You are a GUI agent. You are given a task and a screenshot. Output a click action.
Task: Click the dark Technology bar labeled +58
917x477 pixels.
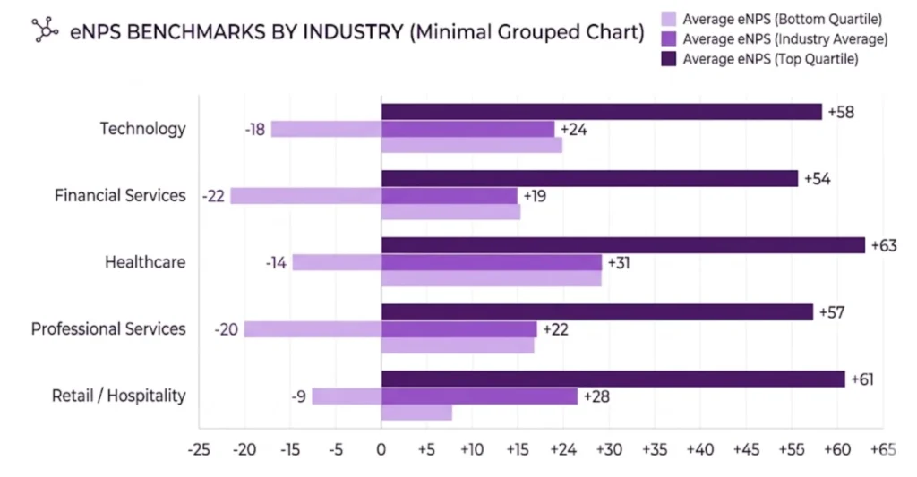pos(601,112)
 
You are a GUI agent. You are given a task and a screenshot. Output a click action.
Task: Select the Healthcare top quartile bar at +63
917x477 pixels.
pos(622,245)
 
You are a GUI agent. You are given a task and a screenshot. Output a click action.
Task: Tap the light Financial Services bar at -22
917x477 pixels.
pos(305,195)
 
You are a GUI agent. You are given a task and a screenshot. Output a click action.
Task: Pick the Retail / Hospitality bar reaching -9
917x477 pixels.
pos(346,396)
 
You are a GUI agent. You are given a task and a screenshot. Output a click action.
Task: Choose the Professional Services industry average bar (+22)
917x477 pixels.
pos(458,329)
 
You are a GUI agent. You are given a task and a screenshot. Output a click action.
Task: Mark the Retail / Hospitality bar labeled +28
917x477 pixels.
pos(479,396)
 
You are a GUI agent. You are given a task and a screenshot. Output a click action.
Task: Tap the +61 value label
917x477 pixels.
pos(861,379)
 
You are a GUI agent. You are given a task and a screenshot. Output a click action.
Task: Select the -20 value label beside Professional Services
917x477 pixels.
pos(226,329)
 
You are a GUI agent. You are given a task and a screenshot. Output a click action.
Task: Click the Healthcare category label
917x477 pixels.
pos(145,262)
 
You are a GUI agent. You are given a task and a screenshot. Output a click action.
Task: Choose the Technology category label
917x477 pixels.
pos(142,128)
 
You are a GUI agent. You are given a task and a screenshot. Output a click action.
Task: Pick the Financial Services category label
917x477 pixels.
pos(120,195)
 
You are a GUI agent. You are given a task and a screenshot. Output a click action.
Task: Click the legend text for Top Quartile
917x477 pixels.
pos(771,59)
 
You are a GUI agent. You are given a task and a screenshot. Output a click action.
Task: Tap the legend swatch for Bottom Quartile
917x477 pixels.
pos(667,19)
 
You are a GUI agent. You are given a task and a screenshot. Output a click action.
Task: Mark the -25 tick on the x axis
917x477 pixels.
pos(199,448)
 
